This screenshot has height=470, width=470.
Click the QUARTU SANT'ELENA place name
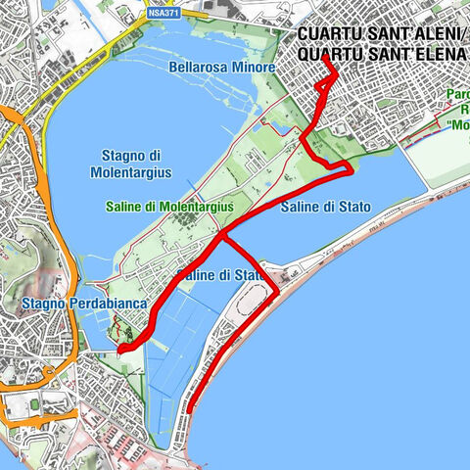click(x=381, y=53)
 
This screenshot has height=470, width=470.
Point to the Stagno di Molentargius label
click(x=136, y=164)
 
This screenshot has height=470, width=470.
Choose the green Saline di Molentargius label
click(x=170, y=207)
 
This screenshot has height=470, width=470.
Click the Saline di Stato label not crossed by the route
click(x=320, y=208)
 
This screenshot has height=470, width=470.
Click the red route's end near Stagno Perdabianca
click(x=118, y=349)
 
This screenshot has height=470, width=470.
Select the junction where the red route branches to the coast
click(x=223, y=235)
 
